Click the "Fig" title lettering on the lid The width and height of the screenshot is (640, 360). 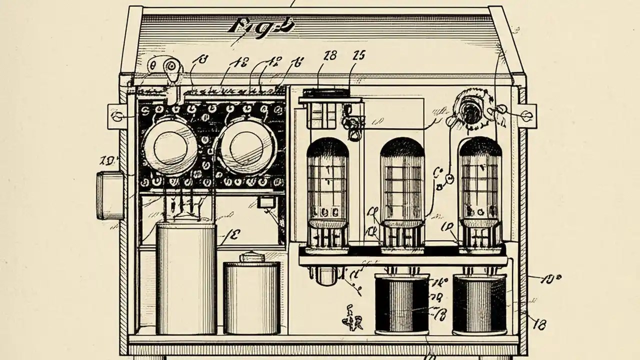[x=260, y=26]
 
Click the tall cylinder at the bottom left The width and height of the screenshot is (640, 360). [x=186, y=277]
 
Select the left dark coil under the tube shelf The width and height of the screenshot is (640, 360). [x=402, y=305]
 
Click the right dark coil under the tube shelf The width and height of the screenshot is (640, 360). [x=479, y=305]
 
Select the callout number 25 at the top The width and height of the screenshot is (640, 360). [x=359, y=56]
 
